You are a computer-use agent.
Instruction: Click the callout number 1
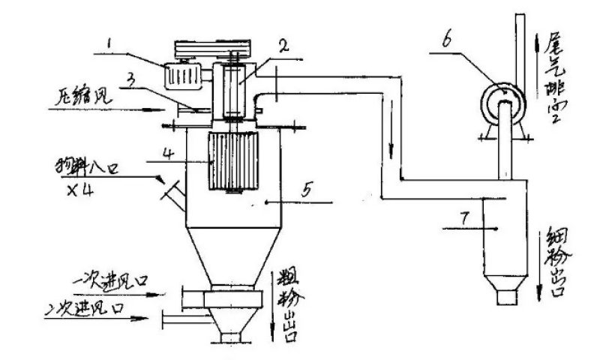point(110,46)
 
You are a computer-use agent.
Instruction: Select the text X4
point(77,188)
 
